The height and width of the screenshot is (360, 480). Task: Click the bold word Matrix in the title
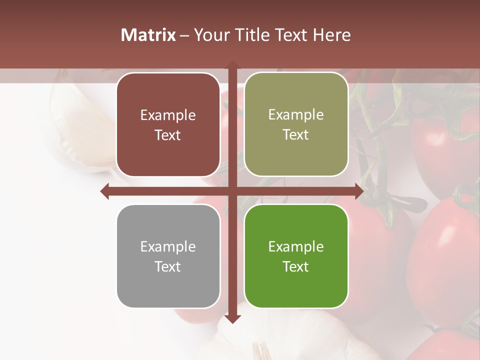click(x=148, y=35)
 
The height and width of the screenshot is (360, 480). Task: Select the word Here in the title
click(x=332, y=35)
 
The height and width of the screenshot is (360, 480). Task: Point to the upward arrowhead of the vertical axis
click(x=232, y=64)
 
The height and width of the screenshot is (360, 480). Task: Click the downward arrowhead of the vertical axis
click(x=232, y=318)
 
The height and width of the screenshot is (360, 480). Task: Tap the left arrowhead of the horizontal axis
click(x=105, y=191)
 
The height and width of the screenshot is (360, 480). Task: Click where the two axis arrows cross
click(x=232, y=191)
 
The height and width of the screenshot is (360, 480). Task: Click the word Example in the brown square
click(x=168, y=115)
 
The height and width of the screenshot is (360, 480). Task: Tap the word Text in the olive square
click(x=296, y=135)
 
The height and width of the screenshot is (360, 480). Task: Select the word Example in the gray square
click(x=168, y=246)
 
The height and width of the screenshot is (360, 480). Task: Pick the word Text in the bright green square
click(x=296, y=266)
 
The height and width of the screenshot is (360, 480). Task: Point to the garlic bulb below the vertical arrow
click(x=260, y=340)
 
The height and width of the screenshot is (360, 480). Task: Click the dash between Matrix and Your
click(x=184, y=35)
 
